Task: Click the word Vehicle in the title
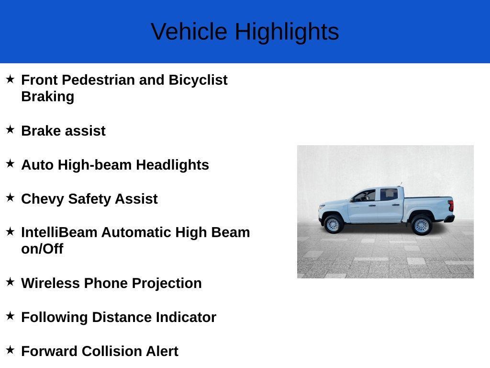[189, 31]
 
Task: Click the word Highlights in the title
[287, 32]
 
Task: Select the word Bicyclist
[198, 80]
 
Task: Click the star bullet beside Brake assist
[10, 129]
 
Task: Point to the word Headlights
[172, 165]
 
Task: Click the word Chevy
[43, 199]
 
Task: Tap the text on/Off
[42, 249]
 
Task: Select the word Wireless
[50, 283]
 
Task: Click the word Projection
[167, 284]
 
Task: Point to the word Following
[55, 317]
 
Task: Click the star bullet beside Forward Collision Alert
[10, 349]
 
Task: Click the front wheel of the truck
[333, 224]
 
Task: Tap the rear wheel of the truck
[421, 225]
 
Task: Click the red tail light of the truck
[451, 206]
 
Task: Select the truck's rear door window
[389, 195]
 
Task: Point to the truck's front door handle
[372, 206]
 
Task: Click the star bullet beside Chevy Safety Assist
[10, 197]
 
